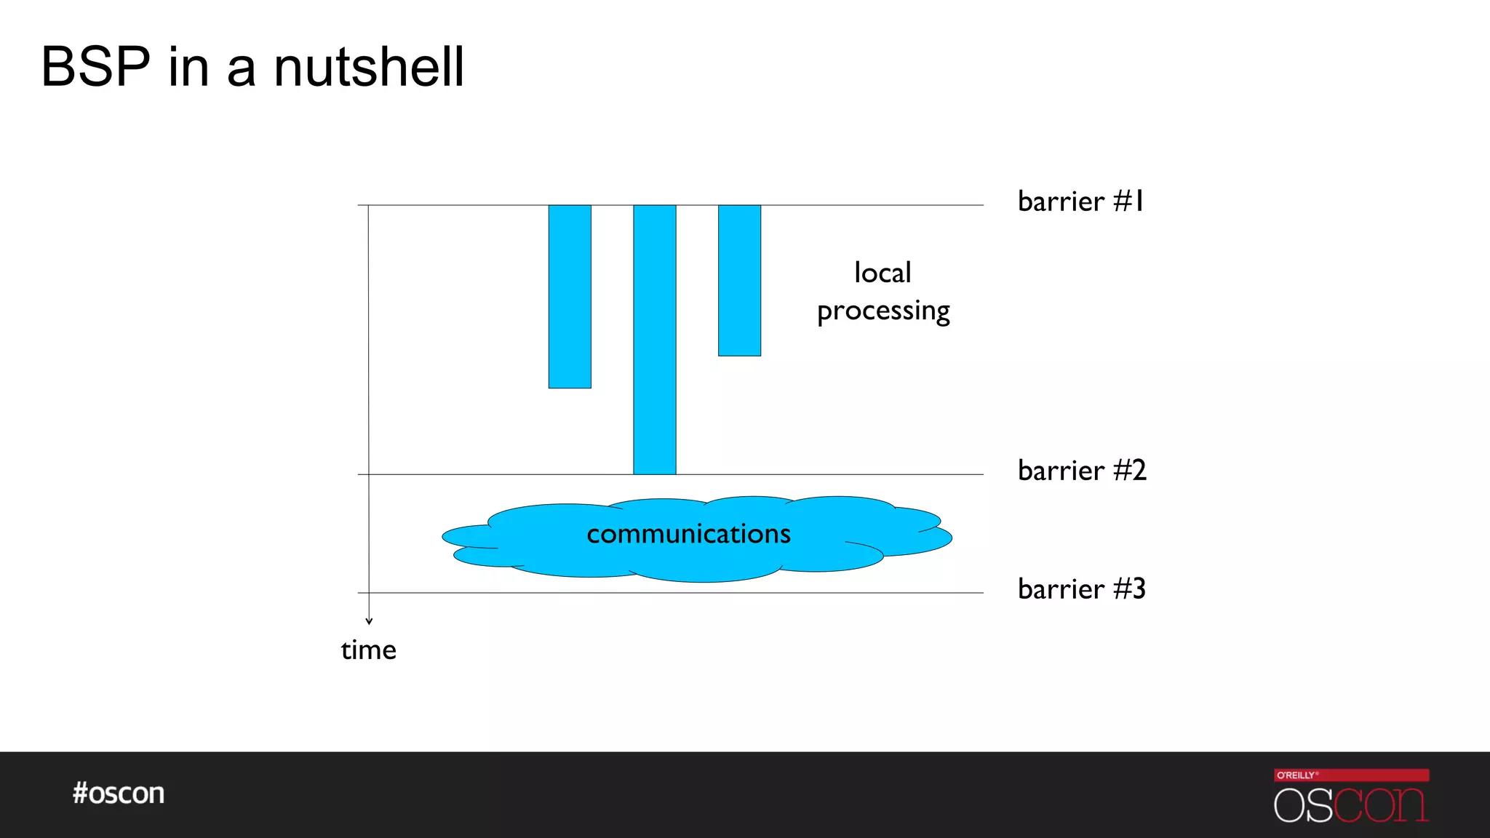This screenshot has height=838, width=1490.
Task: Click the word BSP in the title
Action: pos(95,67)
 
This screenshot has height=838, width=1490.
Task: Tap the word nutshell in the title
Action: pos(369,67)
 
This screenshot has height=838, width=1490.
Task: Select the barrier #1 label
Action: pos(1080,201)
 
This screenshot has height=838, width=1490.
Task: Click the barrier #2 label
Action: pos(1082,471)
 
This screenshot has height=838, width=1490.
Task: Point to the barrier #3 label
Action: pos(1082,589)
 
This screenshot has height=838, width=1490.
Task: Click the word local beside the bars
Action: pos(883,273)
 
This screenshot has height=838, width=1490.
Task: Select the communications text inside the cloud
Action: pos(688,534)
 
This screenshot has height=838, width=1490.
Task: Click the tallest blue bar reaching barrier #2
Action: pos(655,340)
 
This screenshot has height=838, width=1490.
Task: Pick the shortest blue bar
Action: pos(739,280)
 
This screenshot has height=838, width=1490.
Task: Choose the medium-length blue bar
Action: pos(570,296)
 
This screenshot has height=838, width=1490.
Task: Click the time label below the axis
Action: pos(369,650)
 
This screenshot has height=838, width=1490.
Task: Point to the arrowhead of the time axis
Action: pos(369,620)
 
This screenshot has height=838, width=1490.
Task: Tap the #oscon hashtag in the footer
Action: pos(119,793)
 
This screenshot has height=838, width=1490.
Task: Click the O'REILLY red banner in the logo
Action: pos(1351,775)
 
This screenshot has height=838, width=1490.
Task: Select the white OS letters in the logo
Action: pos(1303,806)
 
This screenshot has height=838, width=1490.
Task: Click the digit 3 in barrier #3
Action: pos(1138,589)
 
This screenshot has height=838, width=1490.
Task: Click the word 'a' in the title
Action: pos(242,70)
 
